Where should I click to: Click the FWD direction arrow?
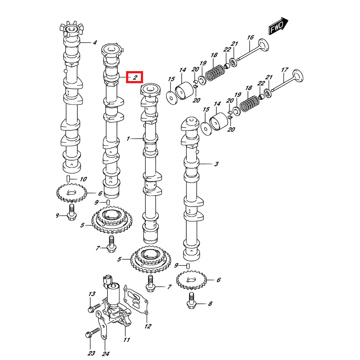(278, 27)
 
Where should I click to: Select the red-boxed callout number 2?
(134, 78)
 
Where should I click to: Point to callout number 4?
(95, 43)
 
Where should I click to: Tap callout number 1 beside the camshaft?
(128, 139)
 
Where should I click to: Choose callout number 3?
(216, 164)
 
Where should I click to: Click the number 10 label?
(83, 180)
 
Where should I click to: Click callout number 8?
(210, 305)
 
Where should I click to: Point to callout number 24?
(105, 353)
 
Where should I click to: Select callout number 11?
(126, 340)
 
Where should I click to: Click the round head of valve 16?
(263, 46)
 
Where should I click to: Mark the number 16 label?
(251, 37)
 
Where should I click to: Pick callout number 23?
(92, 353)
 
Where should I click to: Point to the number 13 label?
(92, 294)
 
